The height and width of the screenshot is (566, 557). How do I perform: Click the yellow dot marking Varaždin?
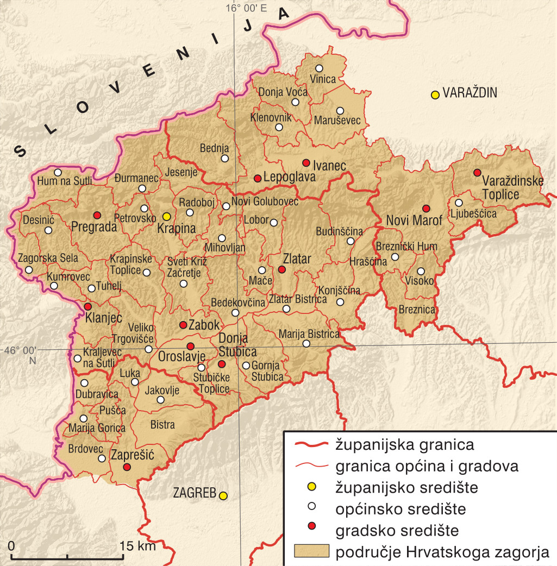pyautogui.click(x=435, y=95)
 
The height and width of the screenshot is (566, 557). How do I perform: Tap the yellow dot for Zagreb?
pyautogui.click(x=223, y=495)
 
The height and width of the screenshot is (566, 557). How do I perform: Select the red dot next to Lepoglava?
pyautogui.click(x=258, y=178)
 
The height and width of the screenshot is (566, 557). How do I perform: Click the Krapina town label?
pyautogui.click(x=176, y=229)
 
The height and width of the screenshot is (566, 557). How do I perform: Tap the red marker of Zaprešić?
pyautogui.click(x=127, y=467)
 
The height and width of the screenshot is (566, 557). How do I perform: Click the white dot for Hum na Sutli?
pyautogui.click(x=58, y=172)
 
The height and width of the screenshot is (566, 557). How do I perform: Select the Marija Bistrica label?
pyautogui.click(x=309, y=333)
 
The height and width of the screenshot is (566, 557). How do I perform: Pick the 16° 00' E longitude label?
pyautogui.click(x=247, y=8)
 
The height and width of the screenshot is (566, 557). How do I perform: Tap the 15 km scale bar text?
pyautogui.click(x=138, y=546)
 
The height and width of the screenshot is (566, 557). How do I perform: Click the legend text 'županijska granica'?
pyautogui.click(x=405, y=445)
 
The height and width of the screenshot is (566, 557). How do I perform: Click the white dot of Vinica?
pyautogui.click(x=319, y=68)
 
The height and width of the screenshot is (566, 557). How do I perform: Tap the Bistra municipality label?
pyautogui.click(x=162, y=425)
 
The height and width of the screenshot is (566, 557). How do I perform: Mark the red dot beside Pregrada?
pyautogui.click(x=97, y=215)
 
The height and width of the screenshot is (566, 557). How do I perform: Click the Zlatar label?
pyautogui.click(x=297, y=259)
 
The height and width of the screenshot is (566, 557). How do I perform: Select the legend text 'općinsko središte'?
pyautogui.click(x=401, y=509)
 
